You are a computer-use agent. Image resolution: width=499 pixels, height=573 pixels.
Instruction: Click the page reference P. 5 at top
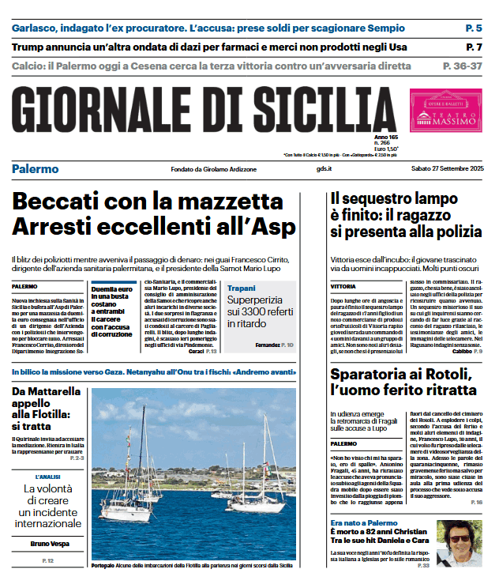[473, 28]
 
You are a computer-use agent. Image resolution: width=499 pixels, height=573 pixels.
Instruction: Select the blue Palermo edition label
[35, 169]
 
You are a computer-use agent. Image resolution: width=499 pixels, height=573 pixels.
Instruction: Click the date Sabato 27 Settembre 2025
[446, 169]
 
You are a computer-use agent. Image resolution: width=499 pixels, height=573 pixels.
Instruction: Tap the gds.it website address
[324, 169]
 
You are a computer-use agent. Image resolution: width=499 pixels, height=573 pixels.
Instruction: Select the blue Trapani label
[241, 288]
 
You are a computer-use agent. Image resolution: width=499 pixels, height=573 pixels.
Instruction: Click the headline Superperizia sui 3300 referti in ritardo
[261, 311]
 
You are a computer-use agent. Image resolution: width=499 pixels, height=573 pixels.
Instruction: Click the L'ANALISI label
[49, 477]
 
